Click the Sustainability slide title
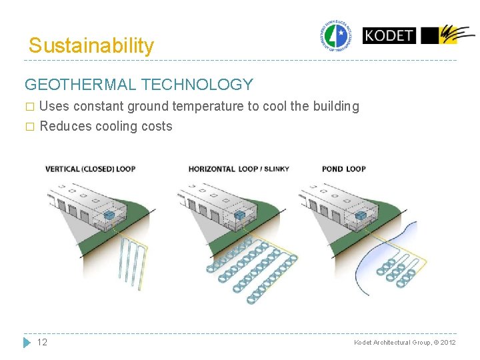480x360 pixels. click(x=91, y=46)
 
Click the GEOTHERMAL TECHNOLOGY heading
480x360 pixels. click(x=139, y=85)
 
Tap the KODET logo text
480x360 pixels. click(x=389, y=35)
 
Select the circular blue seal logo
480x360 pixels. click(x=335, y=36)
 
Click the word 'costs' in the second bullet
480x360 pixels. click(x=156, y=127)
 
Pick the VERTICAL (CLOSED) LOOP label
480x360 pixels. click(x=90, y=169)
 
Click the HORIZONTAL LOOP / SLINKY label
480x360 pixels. click(x=239, y=169)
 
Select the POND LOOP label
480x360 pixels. click(x=343, y=169)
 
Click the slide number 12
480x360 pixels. click(x=42, y=342)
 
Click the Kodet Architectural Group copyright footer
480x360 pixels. click(x=405, y=342)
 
